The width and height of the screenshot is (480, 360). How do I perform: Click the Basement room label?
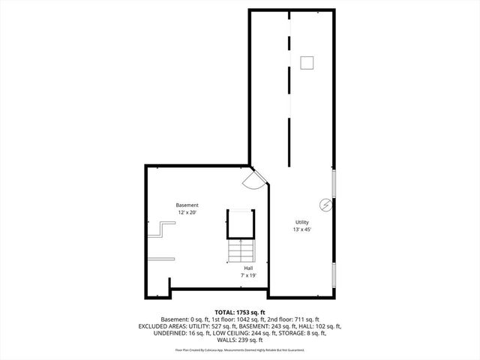(x=187, y=205)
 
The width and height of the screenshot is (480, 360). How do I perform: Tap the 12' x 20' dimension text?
(x=187, y=213)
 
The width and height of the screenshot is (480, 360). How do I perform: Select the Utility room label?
(x=302, y=222)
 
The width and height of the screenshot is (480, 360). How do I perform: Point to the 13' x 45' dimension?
(x=302, y=229)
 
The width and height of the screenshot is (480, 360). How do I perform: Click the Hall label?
(x=248, y=267)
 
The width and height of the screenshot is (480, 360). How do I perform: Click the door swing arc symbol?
(x=253, y=179)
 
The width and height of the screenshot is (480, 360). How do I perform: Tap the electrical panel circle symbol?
(x=327, y=204)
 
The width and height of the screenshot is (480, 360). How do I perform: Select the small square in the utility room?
(x=306, y=63)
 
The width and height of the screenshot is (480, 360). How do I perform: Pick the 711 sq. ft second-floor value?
(x=288, y=319)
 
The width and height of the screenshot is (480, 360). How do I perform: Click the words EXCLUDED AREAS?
(x=161, y=326)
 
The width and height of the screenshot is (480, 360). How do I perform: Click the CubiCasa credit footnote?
(x=239, y=349)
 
